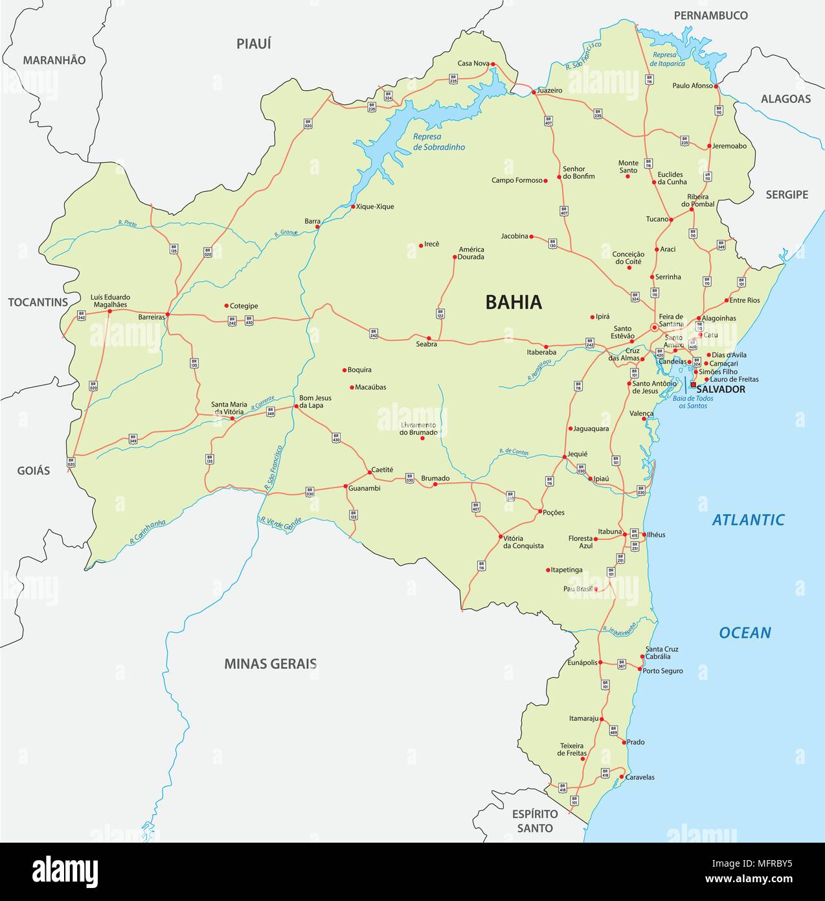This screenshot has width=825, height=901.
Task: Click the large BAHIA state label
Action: (x=513, y=302)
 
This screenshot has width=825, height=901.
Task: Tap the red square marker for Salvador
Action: (x=693, y=384)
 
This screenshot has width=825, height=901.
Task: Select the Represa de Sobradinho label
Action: (x=439, y=142)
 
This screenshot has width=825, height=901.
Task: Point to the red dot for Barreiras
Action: (x=168, y=314)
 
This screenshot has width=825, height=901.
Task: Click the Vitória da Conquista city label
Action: (x=523, y=542)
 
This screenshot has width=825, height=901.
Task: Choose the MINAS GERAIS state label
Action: (x=270, y=664)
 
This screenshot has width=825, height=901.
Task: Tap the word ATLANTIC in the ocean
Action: (x=748, y=519)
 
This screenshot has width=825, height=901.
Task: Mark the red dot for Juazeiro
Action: (x=534, y=92)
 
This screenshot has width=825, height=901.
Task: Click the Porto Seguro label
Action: (x=662, y=671)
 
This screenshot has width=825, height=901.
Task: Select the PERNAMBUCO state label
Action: (x=710, y=16)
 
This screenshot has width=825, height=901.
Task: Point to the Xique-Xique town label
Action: (x=375, y=207)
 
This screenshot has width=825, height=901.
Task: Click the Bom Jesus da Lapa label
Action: (x=315, y=402)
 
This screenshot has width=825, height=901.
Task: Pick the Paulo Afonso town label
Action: (x=692, y=86)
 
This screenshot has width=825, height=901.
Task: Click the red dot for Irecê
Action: (x=421, y=245)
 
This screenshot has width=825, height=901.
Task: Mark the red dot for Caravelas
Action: (x=621, y=777)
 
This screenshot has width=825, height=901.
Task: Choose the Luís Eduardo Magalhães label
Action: (x=109, y=301)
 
